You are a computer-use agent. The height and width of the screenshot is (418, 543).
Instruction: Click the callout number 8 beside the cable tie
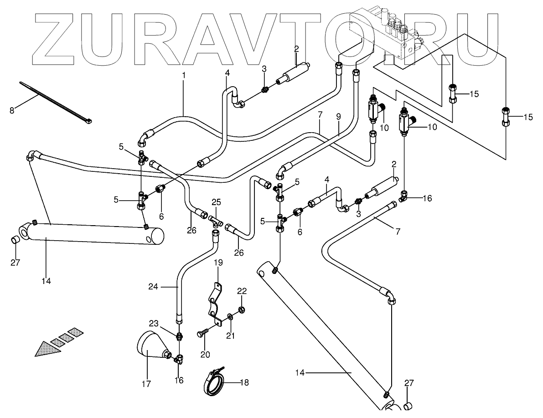pyautogui.click(x=12, y=109)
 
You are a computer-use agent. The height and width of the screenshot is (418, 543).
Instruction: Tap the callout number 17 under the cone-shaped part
pyautogui.click(x=146, y=384)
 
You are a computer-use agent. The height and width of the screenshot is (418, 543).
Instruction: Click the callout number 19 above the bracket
pyautogui.click(x=218, y=263)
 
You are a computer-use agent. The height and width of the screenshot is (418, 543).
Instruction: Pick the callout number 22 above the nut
pyautogui.click(x=242, y=291)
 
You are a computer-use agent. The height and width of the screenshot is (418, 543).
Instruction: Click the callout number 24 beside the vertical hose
pyautogui.click(x=153, y=287)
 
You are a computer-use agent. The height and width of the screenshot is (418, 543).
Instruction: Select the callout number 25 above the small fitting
pyautogui.click(x=216, y=202)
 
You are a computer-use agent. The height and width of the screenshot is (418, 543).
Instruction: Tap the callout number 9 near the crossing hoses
pyautogui.click(x=338, y=116)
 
